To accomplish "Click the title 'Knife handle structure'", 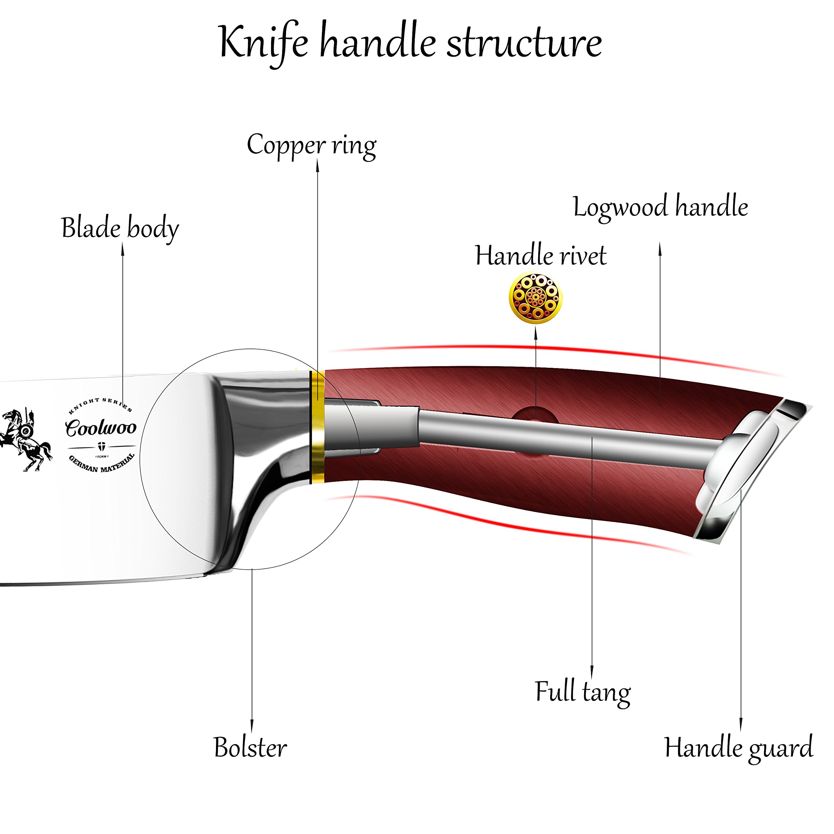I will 410,43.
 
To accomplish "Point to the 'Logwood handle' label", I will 660,207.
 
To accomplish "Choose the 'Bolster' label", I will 251,747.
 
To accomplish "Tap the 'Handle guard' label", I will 739,748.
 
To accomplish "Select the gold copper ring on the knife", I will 317,426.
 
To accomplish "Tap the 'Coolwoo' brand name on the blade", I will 101,427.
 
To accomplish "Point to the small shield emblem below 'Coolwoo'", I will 102,446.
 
